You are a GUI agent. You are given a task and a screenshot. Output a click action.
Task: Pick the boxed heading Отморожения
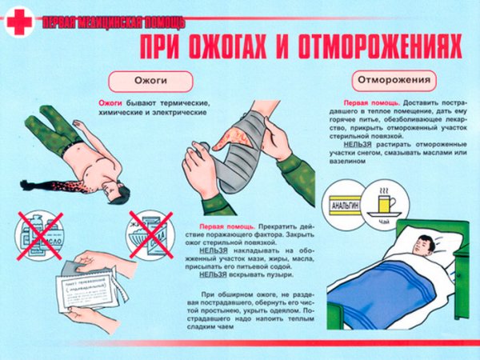pyautogui.click(x=392, y=81)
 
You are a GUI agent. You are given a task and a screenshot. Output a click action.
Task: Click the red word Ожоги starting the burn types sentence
pyautogui.click(x=110, y=104)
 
